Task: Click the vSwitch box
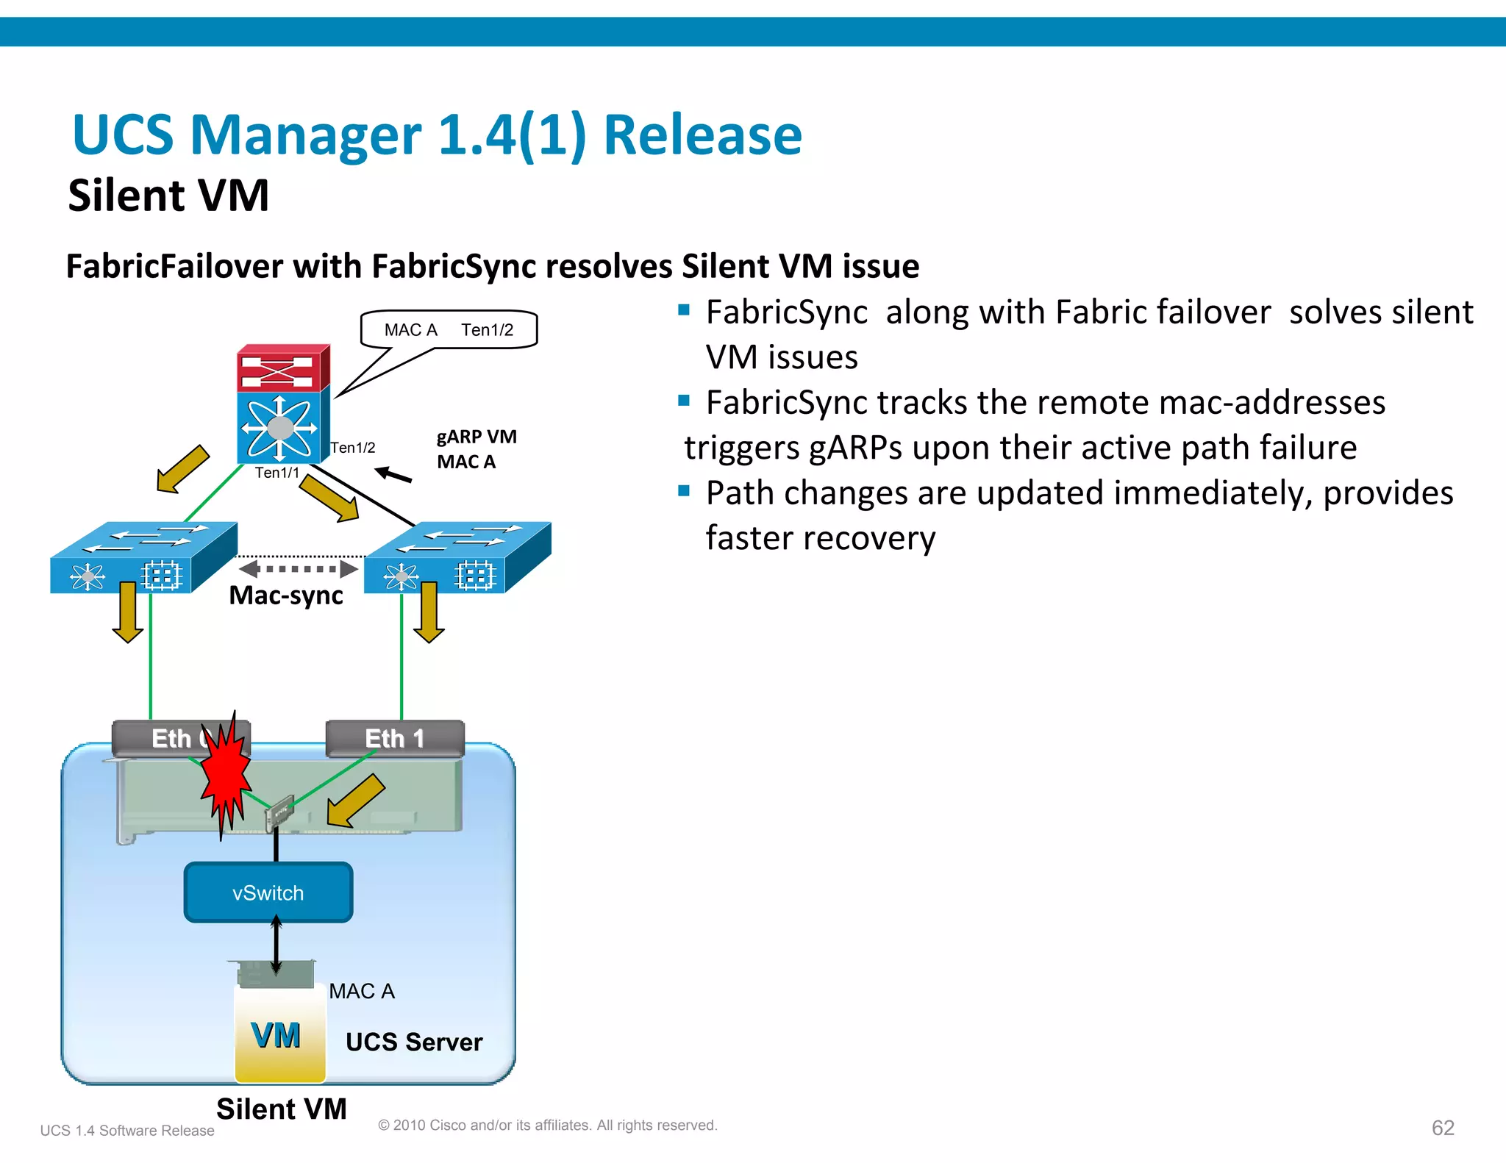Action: point(268,892)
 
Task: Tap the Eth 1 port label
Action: point(395,738)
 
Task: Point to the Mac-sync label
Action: point(286,595)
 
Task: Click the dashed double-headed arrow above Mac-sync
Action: point(299,568)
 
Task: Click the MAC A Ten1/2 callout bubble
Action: point(449,329)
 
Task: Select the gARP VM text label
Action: point(477,437)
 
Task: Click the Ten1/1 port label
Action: point(277,473)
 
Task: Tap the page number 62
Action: point(1442,1128)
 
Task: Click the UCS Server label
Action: point(414,1042)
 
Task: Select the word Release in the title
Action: point(702,135)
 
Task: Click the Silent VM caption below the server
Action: point(282,1109)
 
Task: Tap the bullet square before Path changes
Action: point(684,490)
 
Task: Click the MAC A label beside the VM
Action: point(362,991)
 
